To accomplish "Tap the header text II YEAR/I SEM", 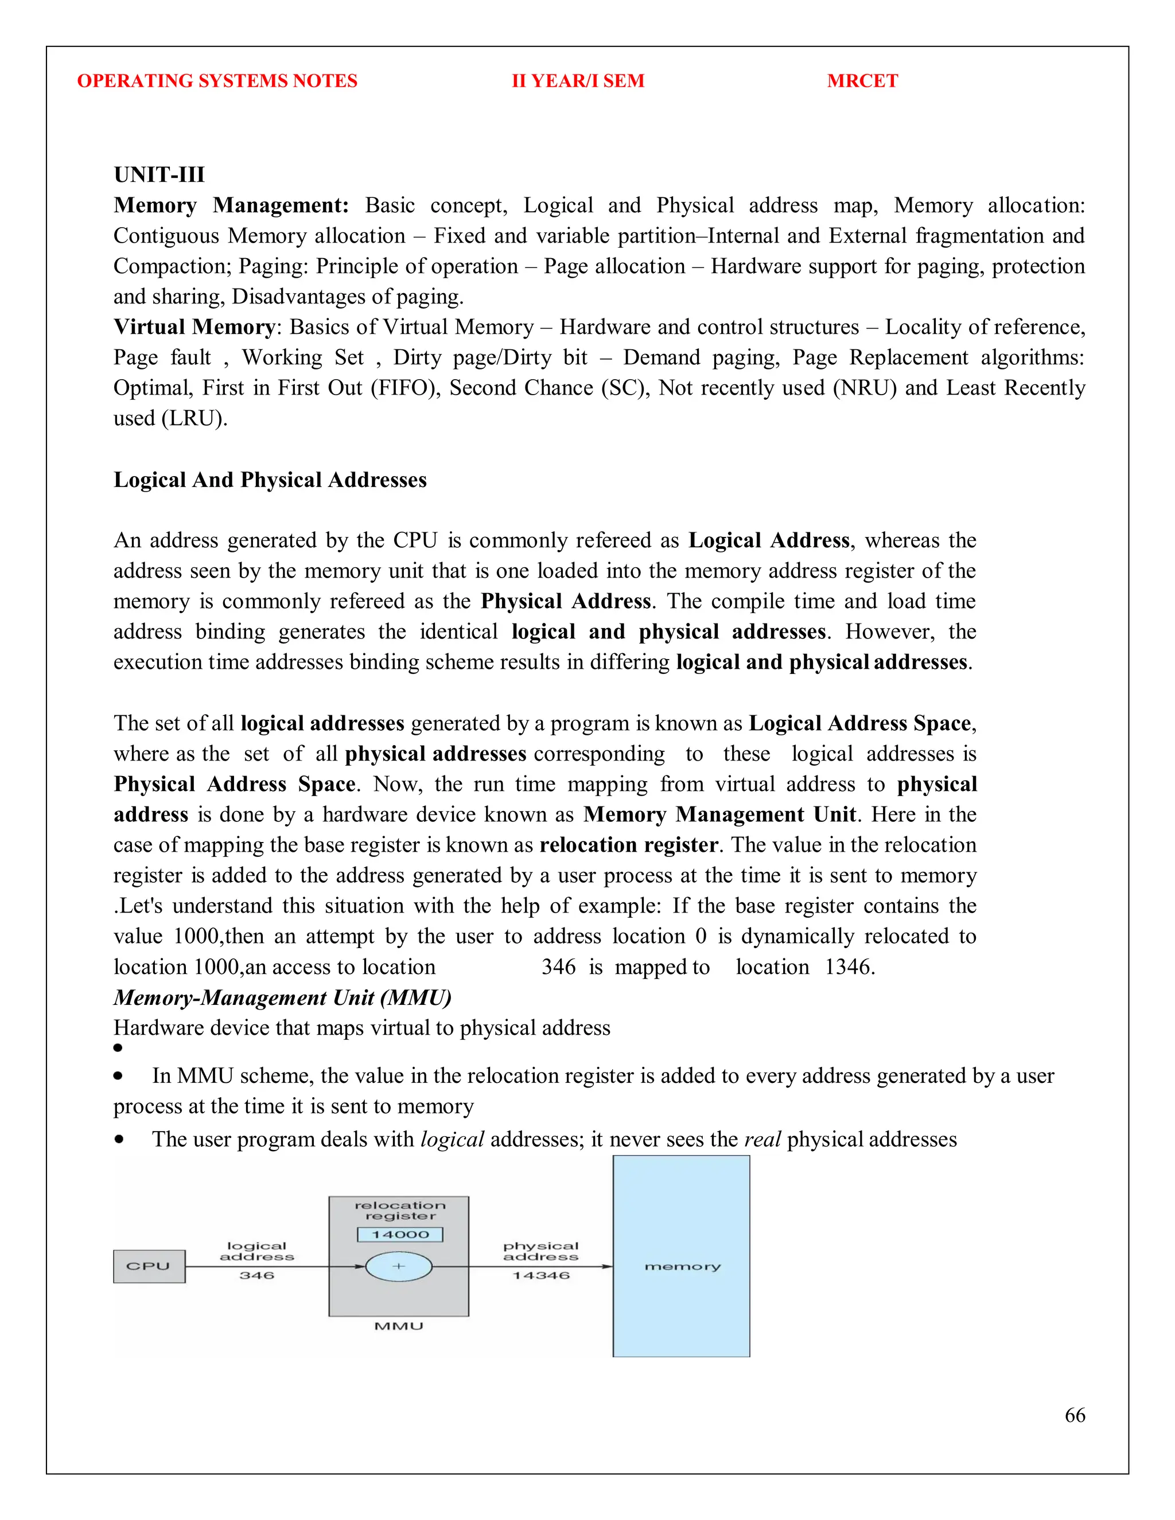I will pyautogui.click(x=578, y=81).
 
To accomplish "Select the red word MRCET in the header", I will pyautogui.click(x=862, y=81).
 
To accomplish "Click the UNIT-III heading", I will pyautogui.click(x=159, y=175).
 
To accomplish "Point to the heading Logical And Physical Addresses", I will pyautogui.click(x=270, y=480).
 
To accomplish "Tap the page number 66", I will pyautogui.click(x=1074, y=1415).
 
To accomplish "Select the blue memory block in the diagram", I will pyautogui.click(x=681, y=1266).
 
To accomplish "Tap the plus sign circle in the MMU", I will pyautogui.click(x=399, y=1266).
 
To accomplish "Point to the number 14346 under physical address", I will pyautogui.click(x=541, y=1276).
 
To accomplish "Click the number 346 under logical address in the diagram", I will pyautogui.click(x=257, y=1276).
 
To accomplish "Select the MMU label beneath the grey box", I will pyautogui.click(x=399, y=1327).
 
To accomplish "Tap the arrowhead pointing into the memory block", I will pyautogui.click(x=607, y=1266).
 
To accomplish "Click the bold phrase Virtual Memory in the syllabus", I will pyautogui.click(x=194, y=326).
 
